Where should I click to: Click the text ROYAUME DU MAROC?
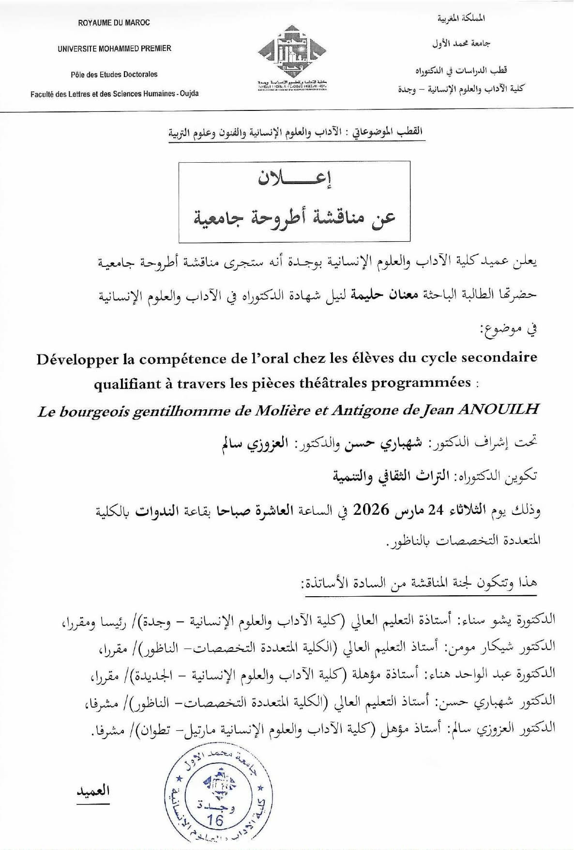click(x=114, y=23)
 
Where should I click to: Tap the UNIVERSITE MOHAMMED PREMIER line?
click(x=114, y=48)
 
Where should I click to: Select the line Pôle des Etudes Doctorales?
click(x=114, y=75)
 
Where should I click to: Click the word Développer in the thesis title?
click(x=77, y=359)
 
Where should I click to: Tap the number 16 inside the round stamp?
click(x=215, y=820)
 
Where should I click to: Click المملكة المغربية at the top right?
click(x=461, y=19)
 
